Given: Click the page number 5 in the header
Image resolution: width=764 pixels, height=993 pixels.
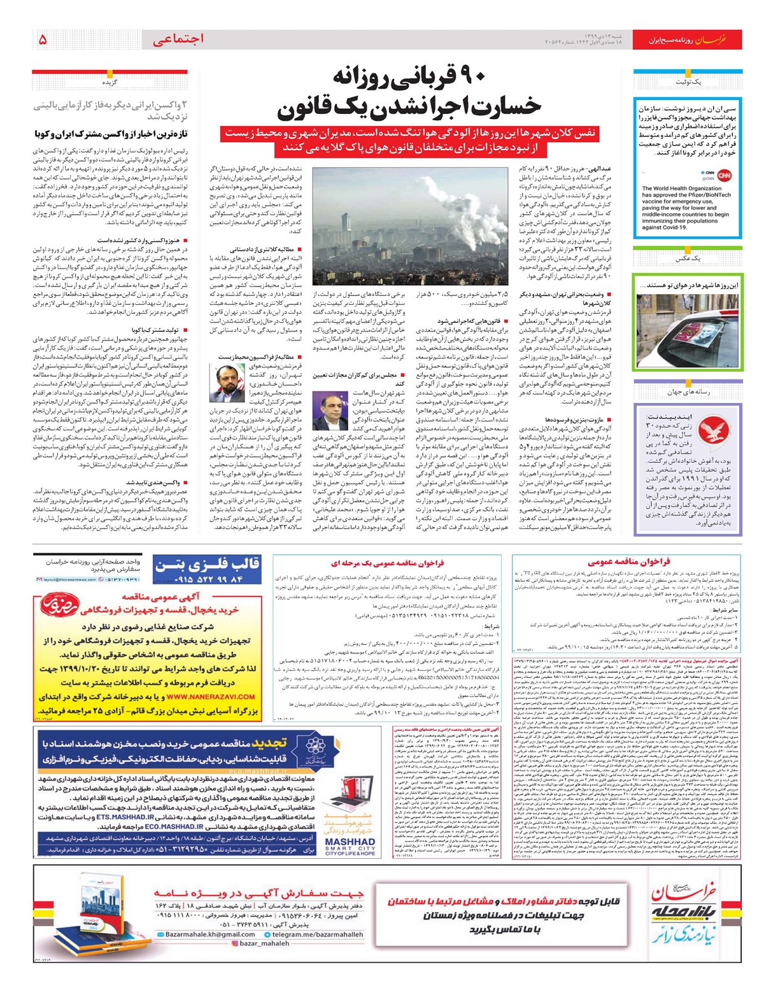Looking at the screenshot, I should click(x=43, y=39).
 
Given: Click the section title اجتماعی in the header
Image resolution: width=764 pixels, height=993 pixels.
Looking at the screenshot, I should click(x=178, y=39).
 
